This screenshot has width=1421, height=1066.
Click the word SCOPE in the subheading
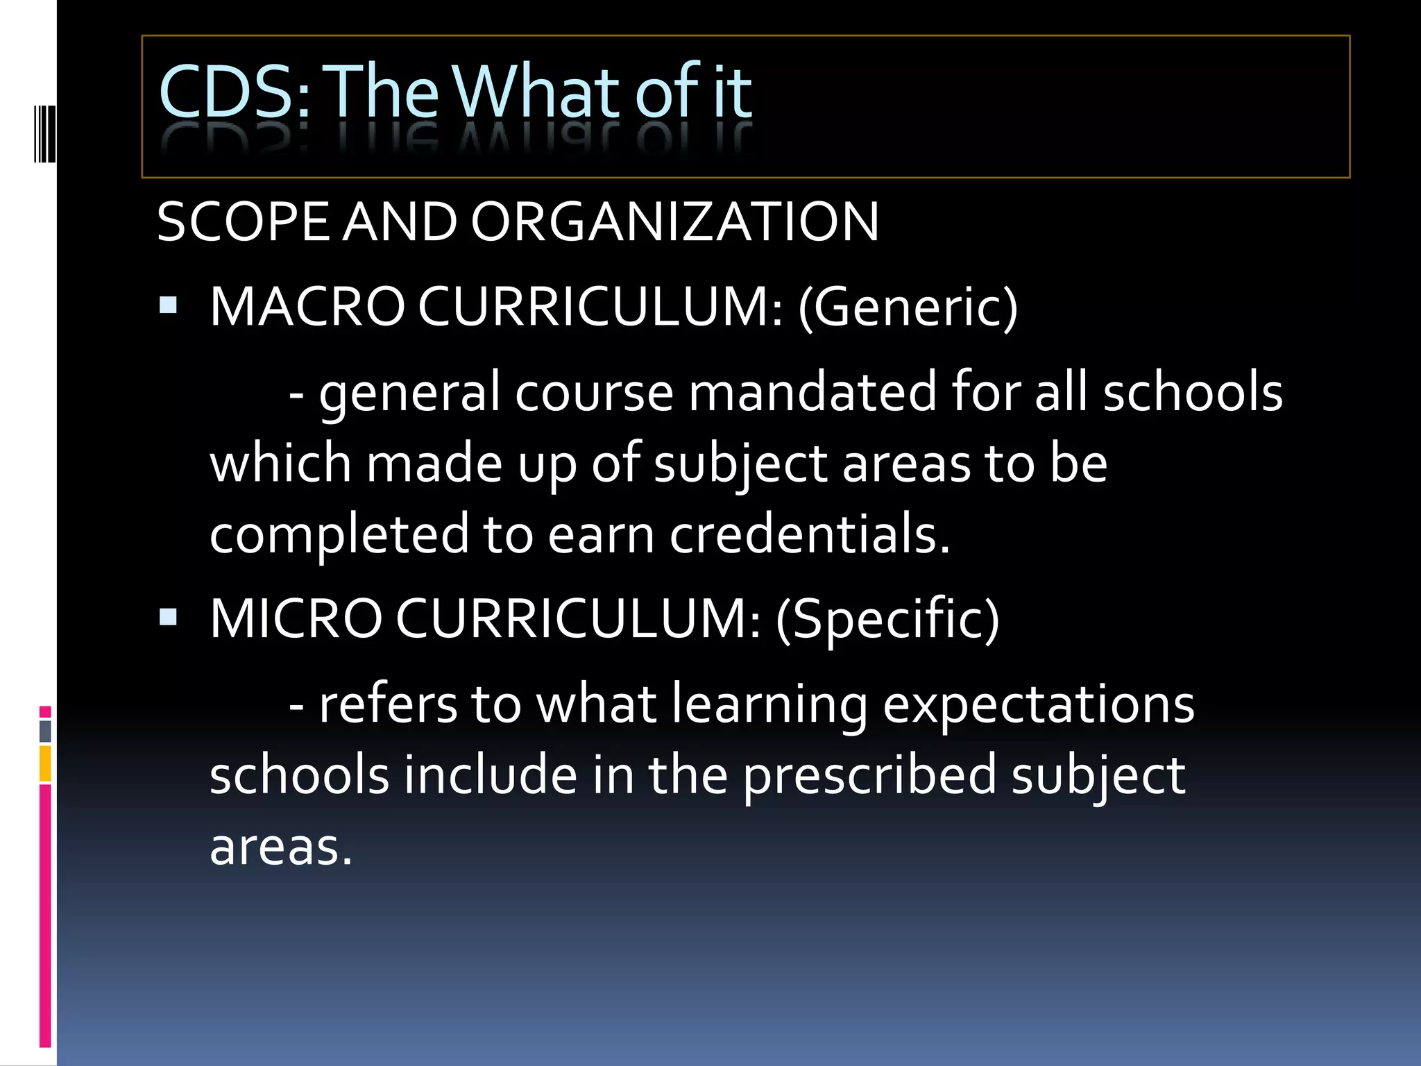243,222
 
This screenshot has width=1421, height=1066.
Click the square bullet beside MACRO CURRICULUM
168,306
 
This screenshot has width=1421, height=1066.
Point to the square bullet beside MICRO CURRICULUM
168,617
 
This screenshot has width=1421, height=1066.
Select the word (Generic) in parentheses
908,307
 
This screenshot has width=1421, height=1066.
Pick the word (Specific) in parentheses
887,618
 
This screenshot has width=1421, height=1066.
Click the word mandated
812,392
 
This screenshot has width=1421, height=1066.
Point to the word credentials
809,534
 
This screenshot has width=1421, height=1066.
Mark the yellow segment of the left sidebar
45,763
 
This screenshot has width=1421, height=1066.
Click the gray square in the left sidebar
45,731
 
